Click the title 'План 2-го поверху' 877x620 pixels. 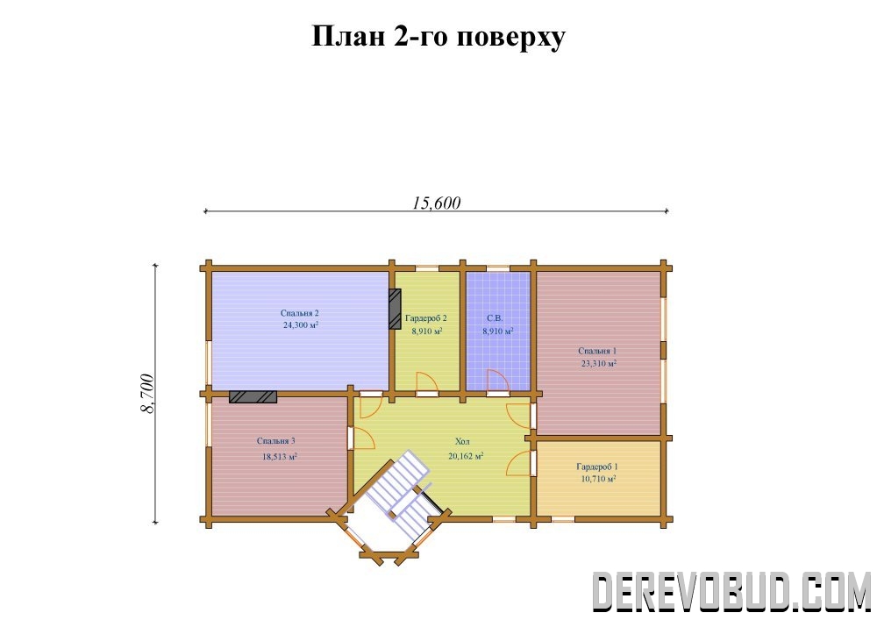point(438,38)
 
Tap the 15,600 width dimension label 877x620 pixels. point(436,203)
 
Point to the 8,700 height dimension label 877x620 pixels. point(147,394)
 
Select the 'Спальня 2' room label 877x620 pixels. point(299,313)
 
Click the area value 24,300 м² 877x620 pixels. point(301,324)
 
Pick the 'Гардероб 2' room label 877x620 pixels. point(426,318)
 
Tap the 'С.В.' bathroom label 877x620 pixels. point(495,318)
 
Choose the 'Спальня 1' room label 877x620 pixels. point(597,351)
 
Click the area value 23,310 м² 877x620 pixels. point(599,363)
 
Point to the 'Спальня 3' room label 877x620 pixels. point(275,441)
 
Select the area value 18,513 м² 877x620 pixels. point(280,457)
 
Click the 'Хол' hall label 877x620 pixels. point(462,441)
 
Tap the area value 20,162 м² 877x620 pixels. point(466,456)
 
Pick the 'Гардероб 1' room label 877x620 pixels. point(597,467)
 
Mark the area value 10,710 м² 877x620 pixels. point(598,479)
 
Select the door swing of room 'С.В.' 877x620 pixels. point(497,381)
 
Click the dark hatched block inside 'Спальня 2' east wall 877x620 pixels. point(395,309)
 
